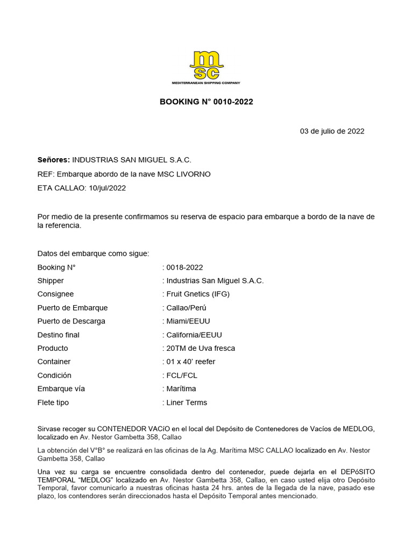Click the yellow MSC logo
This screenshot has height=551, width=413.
[205, 66]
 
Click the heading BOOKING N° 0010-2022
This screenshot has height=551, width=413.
[206, 102]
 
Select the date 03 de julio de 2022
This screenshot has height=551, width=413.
[332, 131]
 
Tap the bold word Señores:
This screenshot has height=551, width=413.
[54, 160]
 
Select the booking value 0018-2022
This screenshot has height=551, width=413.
[184, 267]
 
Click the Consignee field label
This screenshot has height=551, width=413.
[55, 294]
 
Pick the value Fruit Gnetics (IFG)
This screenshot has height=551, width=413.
[198, 294]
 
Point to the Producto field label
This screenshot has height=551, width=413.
[53, 348]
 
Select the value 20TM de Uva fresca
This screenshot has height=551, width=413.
[201, 348]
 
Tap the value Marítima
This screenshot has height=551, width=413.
[181, 388]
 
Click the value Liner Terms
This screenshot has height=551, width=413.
[187, 402]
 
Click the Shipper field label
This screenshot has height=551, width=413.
[51, 281]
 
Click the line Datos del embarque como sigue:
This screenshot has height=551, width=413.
[93, 253]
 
